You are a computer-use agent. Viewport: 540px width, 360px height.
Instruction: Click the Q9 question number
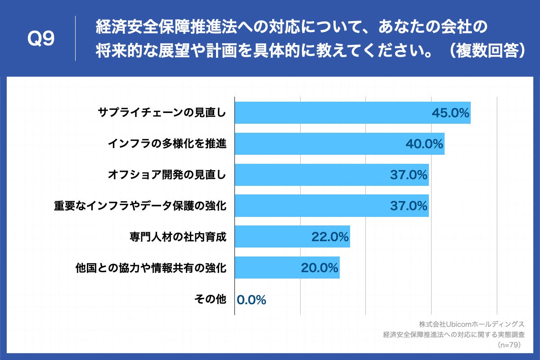click(x=41, y=39)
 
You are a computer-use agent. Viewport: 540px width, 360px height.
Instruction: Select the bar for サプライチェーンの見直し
click(x=333, y=113)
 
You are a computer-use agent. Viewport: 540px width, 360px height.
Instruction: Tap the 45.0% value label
click(x=450, y=113)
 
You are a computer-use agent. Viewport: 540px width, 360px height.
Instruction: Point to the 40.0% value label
click(x=424, y=144)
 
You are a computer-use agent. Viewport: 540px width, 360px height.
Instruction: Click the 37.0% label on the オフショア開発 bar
click(x=409, y=175)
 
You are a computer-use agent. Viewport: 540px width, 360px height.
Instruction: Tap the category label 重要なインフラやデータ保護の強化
click(x=140, y=206)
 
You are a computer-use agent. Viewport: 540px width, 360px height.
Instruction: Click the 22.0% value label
click(x=330, y=237)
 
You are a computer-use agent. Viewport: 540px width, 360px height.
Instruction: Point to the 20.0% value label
click(x=319, y=268)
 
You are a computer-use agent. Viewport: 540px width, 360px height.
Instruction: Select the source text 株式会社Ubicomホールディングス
click(x=472, y=324)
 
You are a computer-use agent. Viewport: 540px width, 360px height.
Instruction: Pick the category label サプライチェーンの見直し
click(x=162, y=113)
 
